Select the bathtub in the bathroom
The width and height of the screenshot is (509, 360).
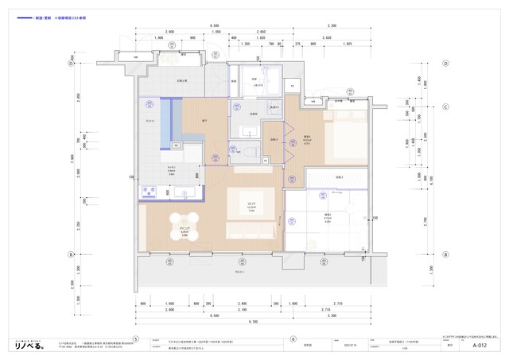point(270,80)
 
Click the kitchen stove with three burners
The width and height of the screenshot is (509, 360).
point(150,192)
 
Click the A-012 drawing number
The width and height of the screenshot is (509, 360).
point(479,346)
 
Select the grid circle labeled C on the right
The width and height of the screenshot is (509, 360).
point(447,106)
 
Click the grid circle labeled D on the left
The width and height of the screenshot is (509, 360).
point(71,64)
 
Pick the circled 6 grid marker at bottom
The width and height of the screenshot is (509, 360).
point(293,338)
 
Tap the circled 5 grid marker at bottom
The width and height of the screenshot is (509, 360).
point(136,338)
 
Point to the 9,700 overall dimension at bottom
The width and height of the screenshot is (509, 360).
point(253,321)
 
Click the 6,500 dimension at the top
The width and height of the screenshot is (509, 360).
point(215,25)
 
